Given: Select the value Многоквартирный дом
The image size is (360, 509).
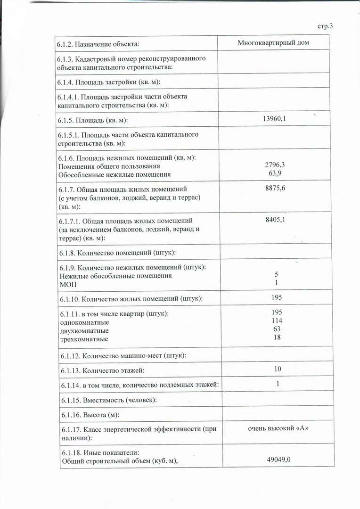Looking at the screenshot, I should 277,43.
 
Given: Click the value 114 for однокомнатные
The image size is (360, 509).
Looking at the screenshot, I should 277,320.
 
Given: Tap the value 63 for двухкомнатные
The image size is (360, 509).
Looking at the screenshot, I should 277,328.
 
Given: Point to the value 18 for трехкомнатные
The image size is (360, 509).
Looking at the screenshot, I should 277,337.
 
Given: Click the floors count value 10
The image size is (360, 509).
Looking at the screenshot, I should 278,369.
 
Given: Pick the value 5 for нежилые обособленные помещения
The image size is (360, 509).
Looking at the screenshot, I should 277,274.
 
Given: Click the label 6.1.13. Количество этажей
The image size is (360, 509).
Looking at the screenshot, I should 102,371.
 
